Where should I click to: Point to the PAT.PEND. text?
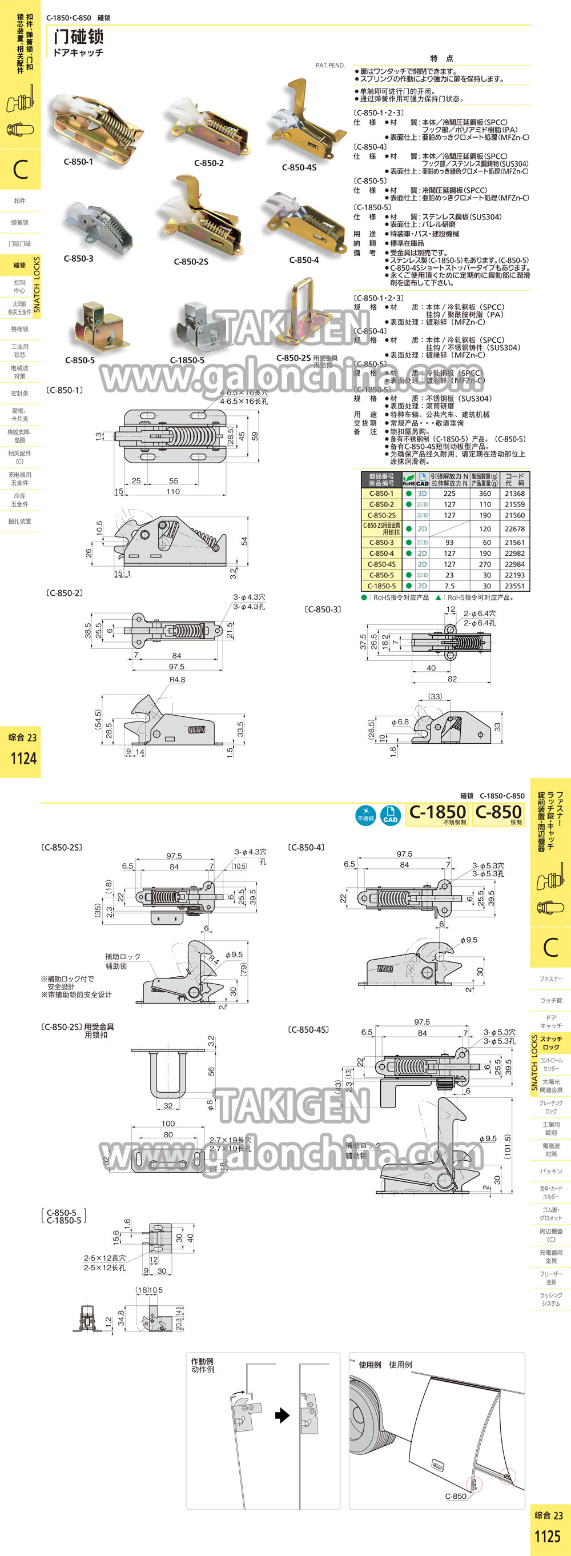pyautogui.click(x=330, y=65)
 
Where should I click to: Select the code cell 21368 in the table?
pyautogui.click(x=514, y=494)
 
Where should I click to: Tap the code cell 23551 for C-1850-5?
pyautogui.click(x=514, y=586)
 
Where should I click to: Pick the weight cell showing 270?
pyautogui.click(x=485, y=564)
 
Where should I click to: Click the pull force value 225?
pyautogui.click(x=449, y=494)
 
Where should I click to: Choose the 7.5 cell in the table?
pyautogui.click(x=449, y=586)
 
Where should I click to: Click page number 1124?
pyautogui.click(x=23, y=759)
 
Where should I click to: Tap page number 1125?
pyautogui.click(x=548, y=1536)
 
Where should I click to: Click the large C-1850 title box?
pyautogui.click(x=437, y=813)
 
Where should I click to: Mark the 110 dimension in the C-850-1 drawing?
pyautogui.click(x=173, y=492)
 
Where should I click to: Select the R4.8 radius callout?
pyautogui.click(x=177, y=680)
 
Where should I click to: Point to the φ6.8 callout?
pyautogui.click(x=400, y=722)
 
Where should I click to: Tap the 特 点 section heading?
pyautogui.click(x=441, y=58)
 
